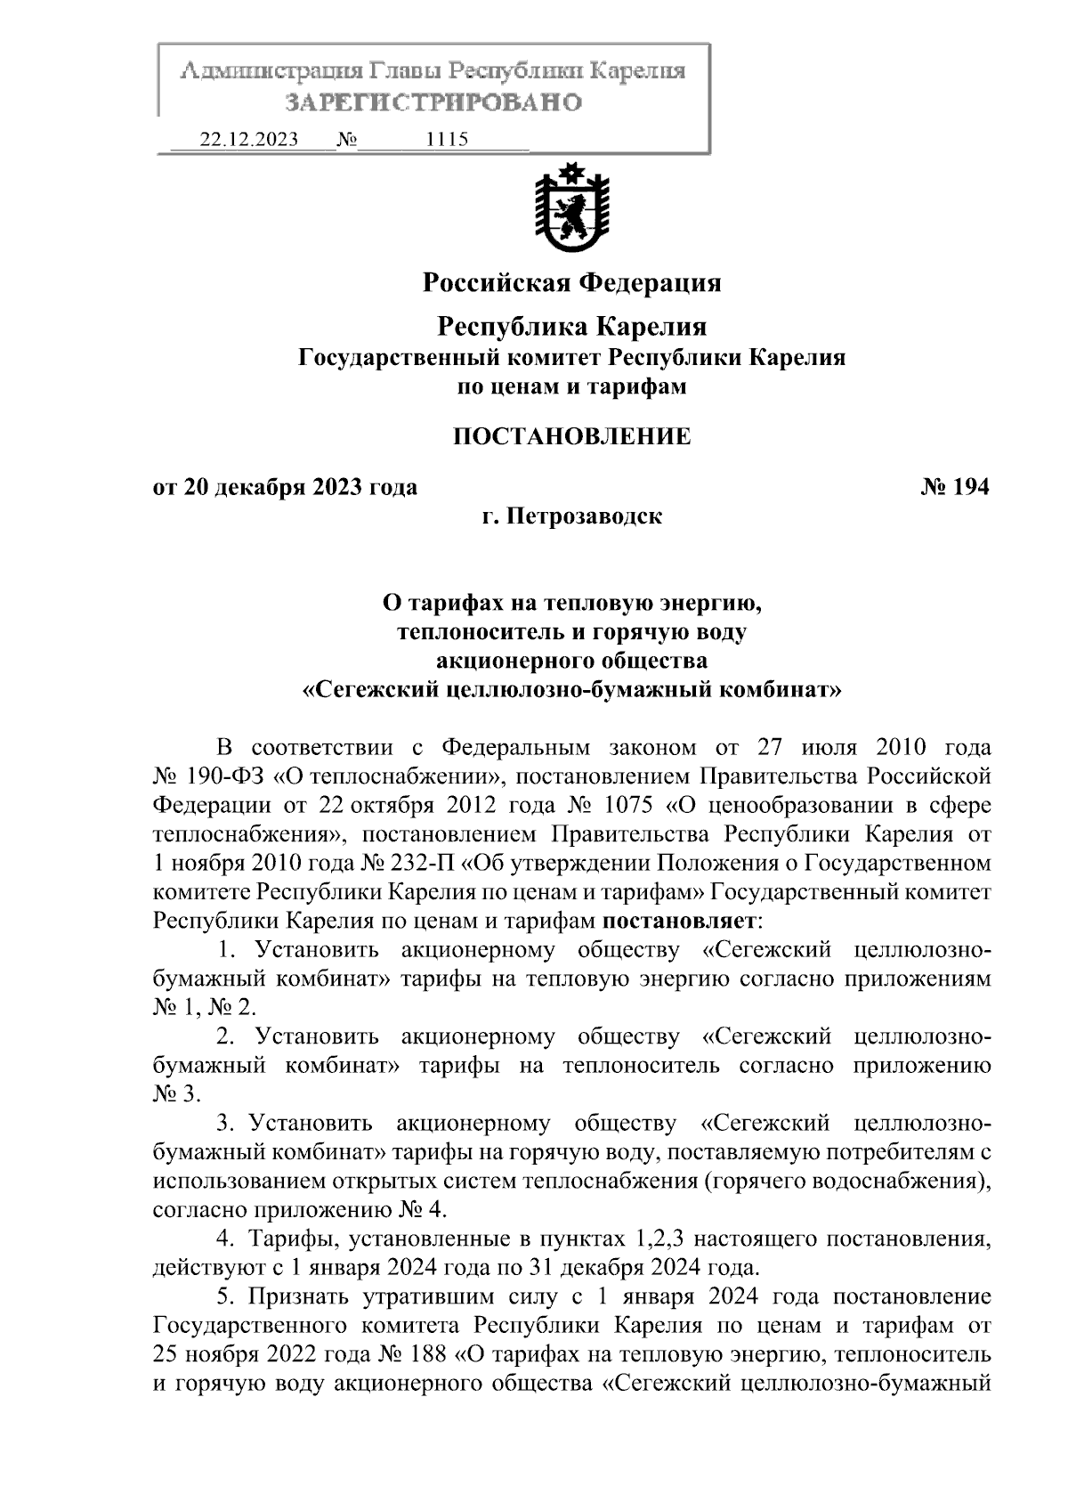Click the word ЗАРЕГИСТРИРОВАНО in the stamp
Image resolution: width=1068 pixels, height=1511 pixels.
pyautogui.click(x=433, y=102)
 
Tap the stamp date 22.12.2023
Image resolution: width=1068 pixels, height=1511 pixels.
pyautogui.click(x=248, y=140)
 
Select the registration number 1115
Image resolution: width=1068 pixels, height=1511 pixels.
pyautogui.click(x=448, y=140)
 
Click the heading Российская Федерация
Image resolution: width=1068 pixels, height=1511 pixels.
pyautogui.click(x=570, y=283)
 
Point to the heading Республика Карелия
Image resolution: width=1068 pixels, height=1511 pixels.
pyautogui.click(x=570, y=327)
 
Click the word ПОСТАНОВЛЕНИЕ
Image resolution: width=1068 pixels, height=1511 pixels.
pyautogui.click(x=571, y=436)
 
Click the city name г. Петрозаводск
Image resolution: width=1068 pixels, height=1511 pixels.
pyautogui.click(x=571, y=516)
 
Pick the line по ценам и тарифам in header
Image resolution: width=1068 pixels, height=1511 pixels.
pyautogui.click(x=570, y=387)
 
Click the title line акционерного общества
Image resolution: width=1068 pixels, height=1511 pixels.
pyautogui.click(x=571, y=661)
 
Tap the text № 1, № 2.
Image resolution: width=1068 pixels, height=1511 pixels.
pyautogui.click(x=204, y=1007)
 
